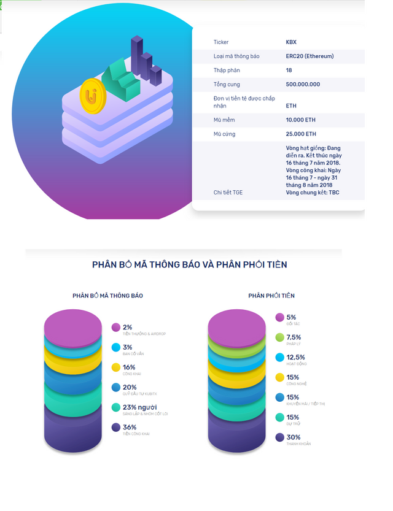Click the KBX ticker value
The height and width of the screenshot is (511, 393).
coord(291,42)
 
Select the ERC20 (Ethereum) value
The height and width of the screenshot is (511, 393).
coord(309,56)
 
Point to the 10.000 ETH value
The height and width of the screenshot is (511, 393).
coord(301,120)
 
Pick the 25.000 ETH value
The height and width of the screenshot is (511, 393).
coord(301,134)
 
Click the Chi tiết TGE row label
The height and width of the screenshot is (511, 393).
coord(228,193)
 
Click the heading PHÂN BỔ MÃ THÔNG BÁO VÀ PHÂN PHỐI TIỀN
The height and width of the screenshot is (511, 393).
coord(189,264)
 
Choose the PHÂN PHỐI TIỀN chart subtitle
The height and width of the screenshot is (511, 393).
coord(271,296)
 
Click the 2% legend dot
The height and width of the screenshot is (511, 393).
coord(115,328)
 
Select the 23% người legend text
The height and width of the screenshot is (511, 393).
coord(140,407)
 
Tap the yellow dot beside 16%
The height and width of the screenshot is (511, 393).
coord(115,367)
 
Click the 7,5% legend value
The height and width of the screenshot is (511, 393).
coord(294,337)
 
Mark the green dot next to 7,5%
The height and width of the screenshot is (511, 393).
coord(279,337)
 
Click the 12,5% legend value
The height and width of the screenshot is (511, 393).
coord(295,357)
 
